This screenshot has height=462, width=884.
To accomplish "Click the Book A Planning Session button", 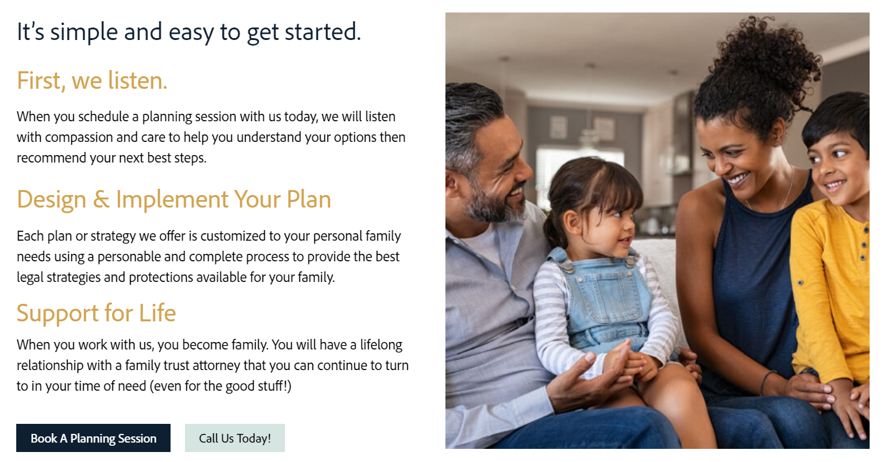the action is tap(93, 438).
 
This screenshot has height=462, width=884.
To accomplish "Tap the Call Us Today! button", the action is tap(235, 438).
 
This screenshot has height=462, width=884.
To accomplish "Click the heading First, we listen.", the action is tap(92, 81).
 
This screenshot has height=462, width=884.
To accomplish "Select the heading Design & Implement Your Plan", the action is tap(174, 199).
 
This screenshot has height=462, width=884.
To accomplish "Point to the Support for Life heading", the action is tap(96, 313).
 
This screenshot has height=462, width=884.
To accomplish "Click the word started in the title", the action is tap(323, 32).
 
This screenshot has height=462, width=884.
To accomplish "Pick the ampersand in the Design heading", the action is tap(101, 199).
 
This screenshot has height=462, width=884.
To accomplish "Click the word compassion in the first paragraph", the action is tap(79, 138).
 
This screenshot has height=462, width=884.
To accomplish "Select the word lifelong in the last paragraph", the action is tap(381, 345).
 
